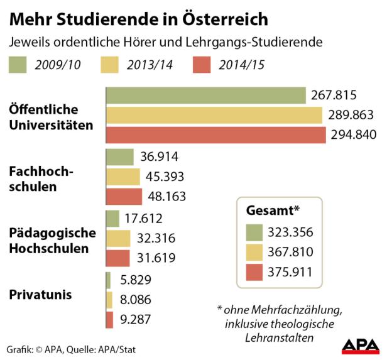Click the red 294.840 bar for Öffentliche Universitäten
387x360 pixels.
point(215,135)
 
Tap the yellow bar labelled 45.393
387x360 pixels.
point(123,177)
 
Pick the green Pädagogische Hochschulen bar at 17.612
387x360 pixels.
point(112,219)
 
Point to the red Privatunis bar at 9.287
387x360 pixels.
point(109,319)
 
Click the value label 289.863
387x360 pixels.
point(351,116)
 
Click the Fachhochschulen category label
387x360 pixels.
point(33,178)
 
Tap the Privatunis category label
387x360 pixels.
point(40,294)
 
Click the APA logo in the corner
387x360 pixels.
point(360,344)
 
